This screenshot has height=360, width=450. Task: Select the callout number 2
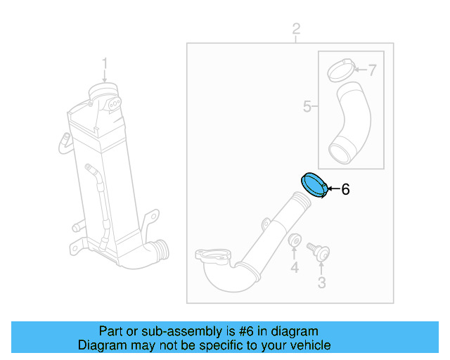(x=296, y=29)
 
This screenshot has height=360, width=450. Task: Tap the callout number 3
(x=322, y=283)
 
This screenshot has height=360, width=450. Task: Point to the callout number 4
(x=295, y=267)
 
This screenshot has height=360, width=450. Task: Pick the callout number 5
(x=307, y=106)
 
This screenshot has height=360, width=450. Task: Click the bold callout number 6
(x=345, y=189)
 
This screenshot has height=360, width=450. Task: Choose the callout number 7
(x=373, y=70)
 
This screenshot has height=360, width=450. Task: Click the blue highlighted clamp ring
(x=314, y=186)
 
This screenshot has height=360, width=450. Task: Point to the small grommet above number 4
(x=295, y=241)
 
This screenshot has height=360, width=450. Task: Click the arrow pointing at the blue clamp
(x=334, y=188)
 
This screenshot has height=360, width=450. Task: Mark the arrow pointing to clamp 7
(x=361, y=70)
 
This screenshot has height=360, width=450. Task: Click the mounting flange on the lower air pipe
(x=210, y=257)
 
